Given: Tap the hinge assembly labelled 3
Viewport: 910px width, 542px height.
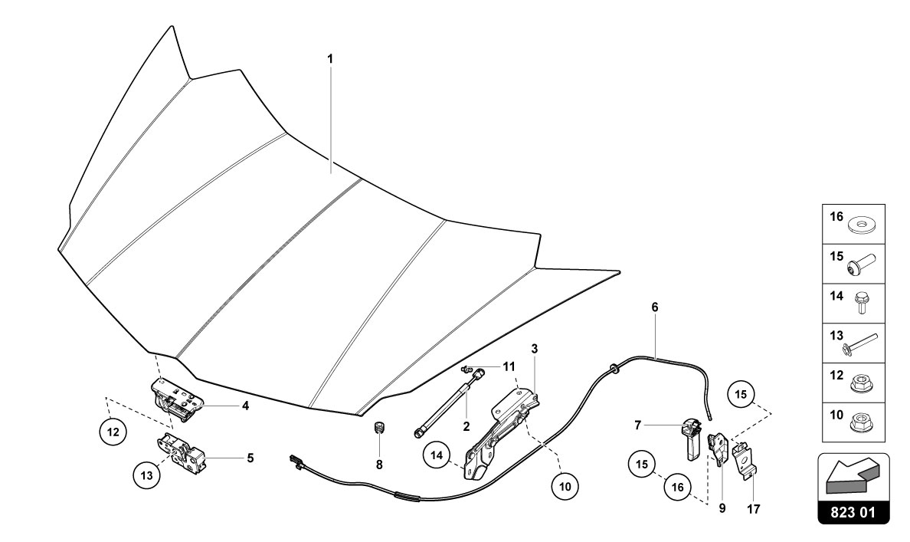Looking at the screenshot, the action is [x=502, y=433].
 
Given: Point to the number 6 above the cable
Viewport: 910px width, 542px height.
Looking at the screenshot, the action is [x=655, y=307].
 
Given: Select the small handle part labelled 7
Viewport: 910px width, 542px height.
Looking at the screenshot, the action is [x=691, y=436].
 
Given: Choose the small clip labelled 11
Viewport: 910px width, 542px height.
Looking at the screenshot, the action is [x=466, y=370].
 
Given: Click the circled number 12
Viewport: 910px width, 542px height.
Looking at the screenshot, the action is [x=113, y=432].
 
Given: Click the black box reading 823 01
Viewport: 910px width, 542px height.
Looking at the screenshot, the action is [x=854, y=512].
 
